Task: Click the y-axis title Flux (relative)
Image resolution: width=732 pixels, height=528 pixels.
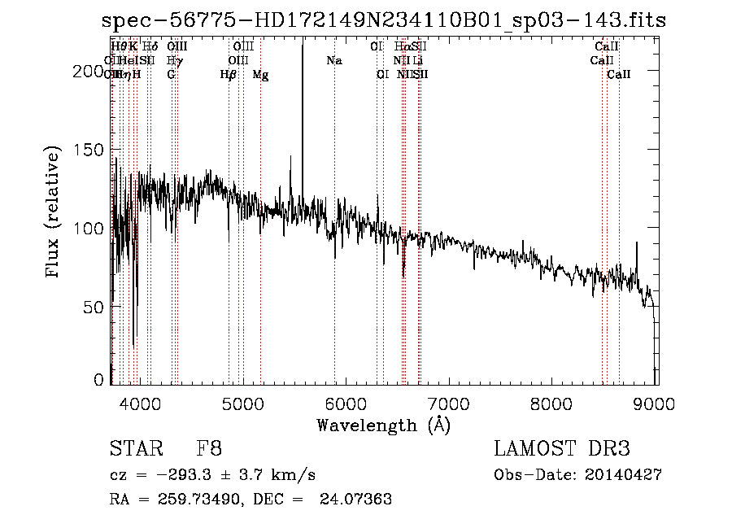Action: point(54,213)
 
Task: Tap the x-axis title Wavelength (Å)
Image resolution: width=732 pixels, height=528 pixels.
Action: point(383,425)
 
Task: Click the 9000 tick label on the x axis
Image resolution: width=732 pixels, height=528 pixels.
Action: point(656,404)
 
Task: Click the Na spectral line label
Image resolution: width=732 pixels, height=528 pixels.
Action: point(334,61)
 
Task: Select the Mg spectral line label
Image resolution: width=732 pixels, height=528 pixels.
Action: point(261,75)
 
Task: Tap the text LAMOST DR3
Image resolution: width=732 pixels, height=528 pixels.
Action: point(561,449)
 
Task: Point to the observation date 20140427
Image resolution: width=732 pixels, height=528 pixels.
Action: point(623,474)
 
